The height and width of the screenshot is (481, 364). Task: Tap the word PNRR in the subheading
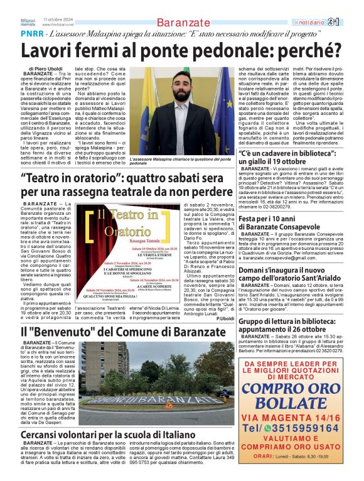[50, 33]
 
